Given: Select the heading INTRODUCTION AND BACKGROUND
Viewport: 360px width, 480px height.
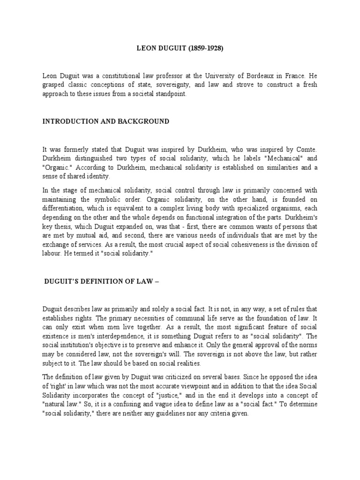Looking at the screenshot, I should pos(105,121).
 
